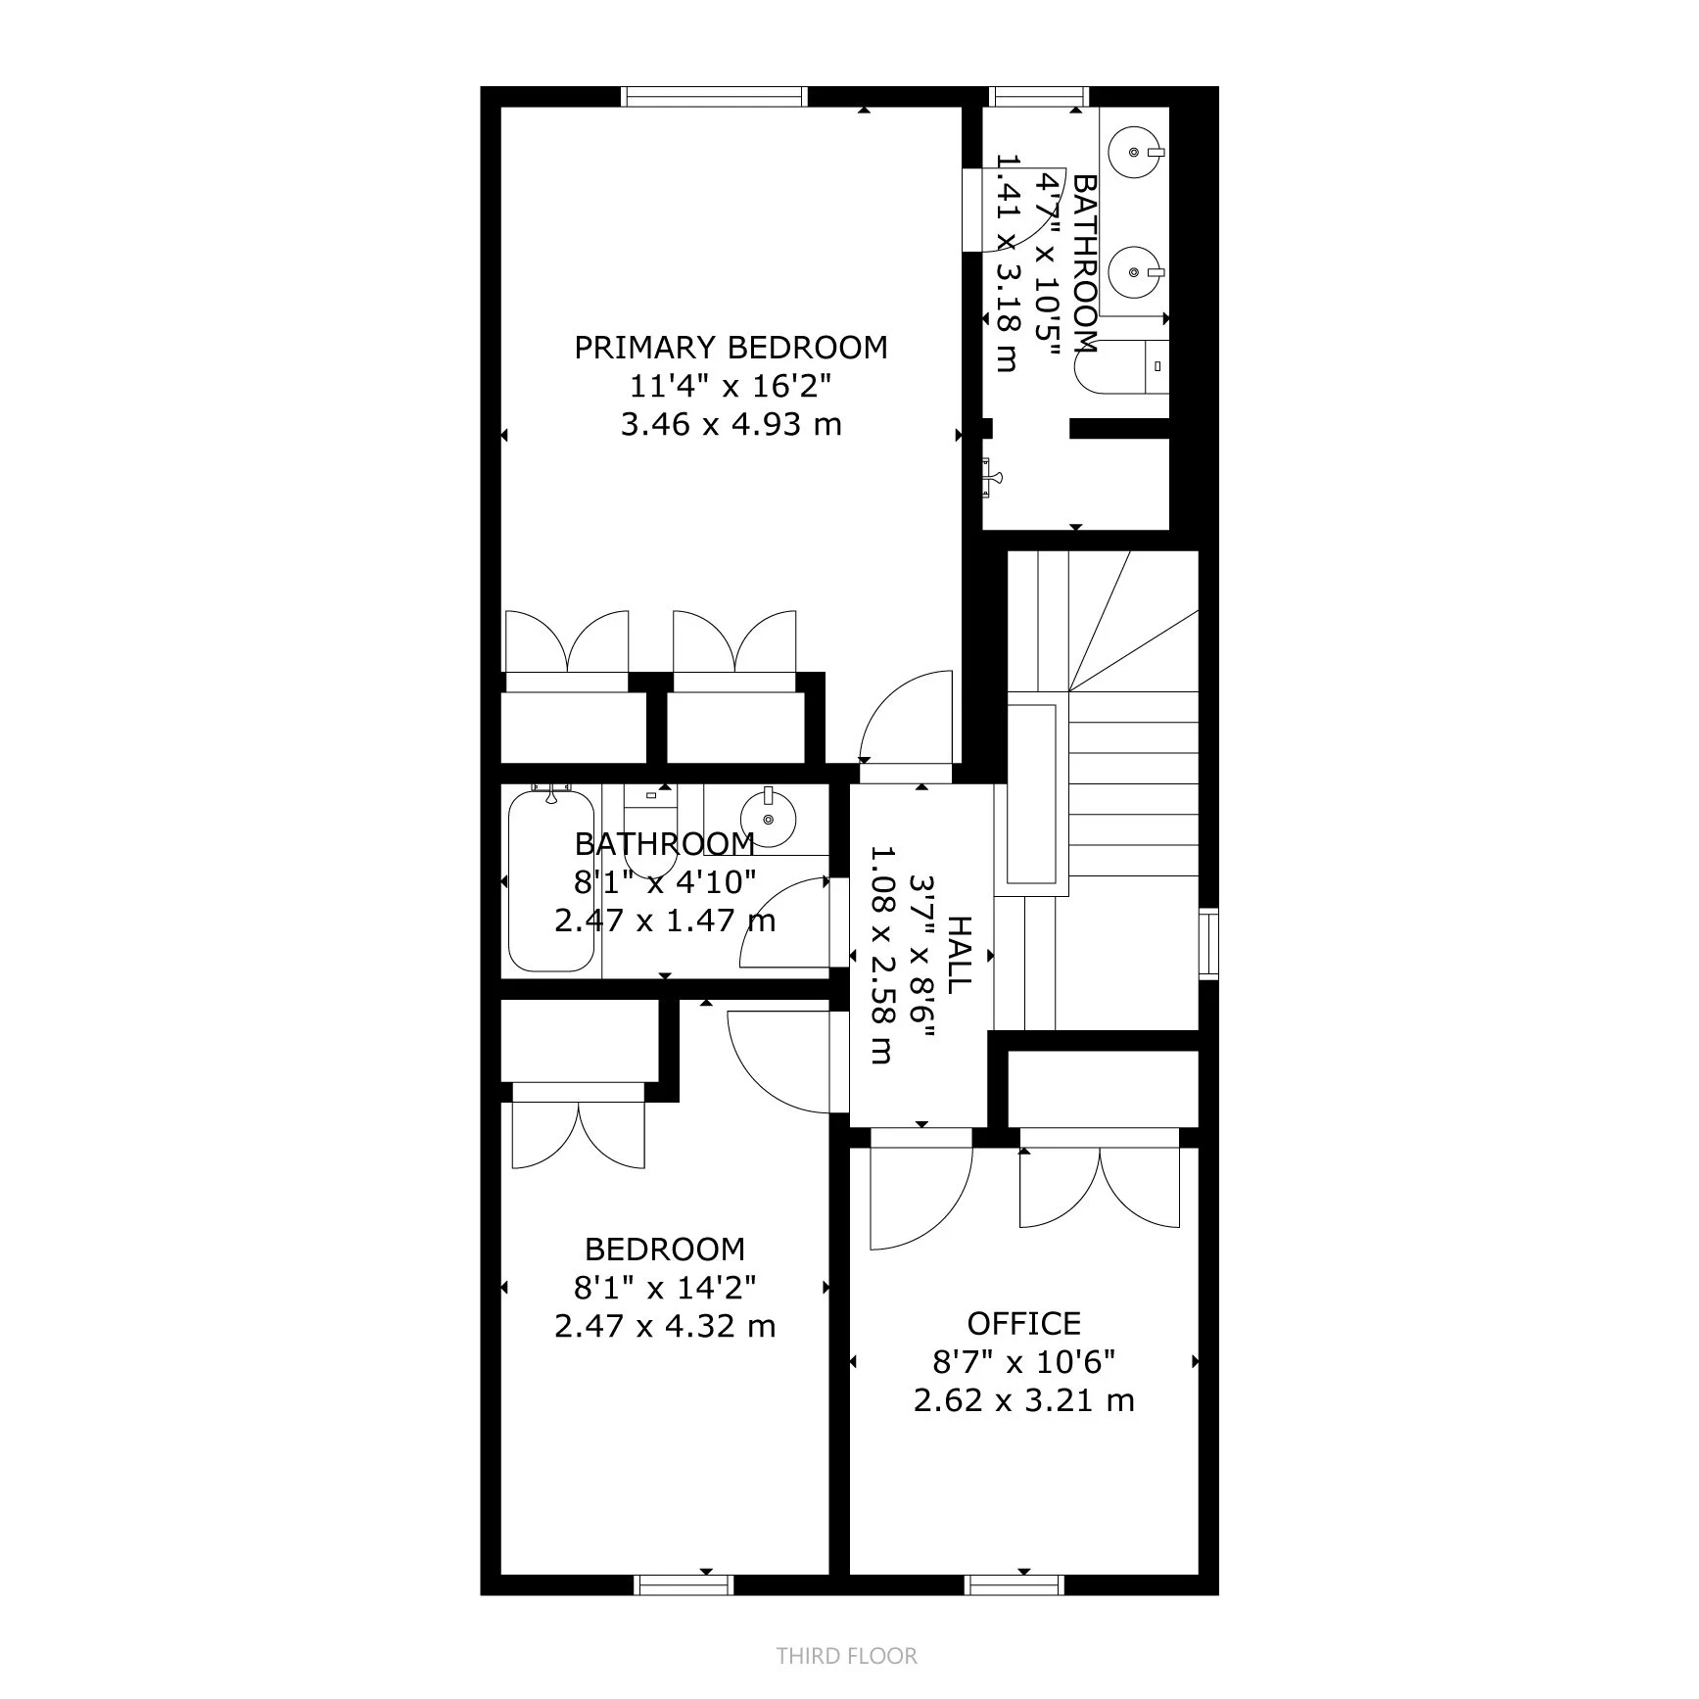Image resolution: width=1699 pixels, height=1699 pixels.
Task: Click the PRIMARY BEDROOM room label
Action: point(731,348)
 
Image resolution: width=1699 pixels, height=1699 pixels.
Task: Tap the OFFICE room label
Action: point(1023,1324)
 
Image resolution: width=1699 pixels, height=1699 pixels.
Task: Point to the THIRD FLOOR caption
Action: point(847,1656)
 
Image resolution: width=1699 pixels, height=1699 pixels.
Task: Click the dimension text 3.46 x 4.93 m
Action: point(731,425)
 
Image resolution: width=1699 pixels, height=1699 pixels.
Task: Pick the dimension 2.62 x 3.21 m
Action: point(1023,1400)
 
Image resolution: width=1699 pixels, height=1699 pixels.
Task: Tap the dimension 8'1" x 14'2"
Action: point(665,1287)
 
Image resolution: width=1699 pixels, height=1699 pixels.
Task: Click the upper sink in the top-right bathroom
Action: point(1136,153)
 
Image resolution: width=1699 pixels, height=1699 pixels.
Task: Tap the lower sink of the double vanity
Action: point(1136,271)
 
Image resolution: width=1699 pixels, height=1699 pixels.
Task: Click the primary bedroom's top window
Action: point(715,96)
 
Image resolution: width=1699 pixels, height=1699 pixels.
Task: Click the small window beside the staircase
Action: point(1209,943)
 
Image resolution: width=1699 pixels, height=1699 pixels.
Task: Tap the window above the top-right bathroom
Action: point(1039,96)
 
